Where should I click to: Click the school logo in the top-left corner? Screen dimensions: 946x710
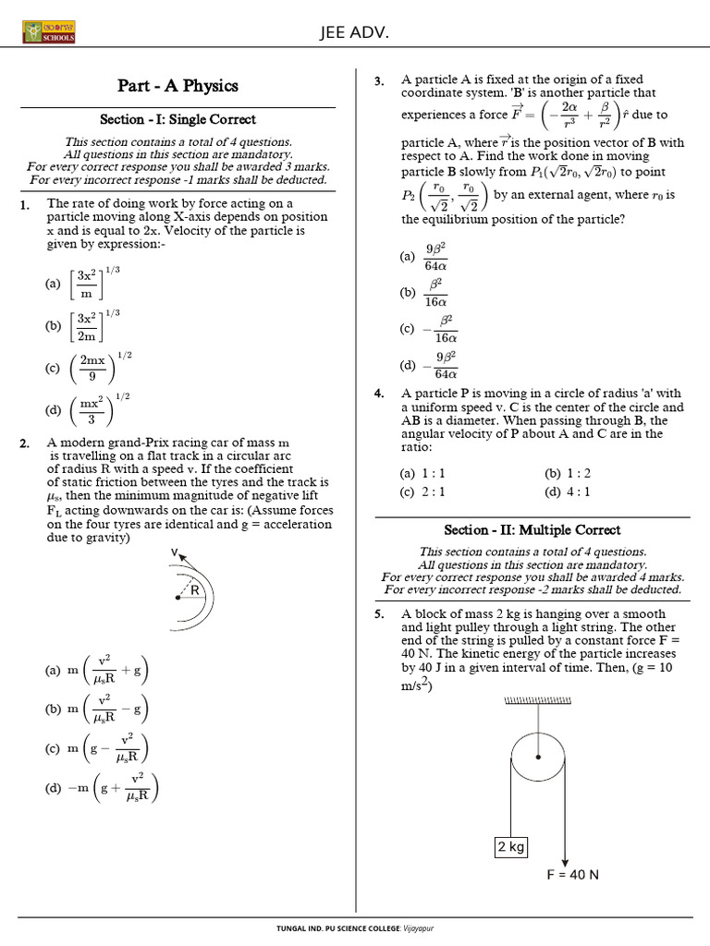(x=49, y=32)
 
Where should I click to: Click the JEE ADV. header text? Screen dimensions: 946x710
(x=354, y=33)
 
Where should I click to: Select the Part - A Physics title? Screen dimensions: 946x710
(x=177, y=86)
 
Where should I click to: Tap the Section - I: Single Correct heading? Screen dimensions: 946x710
(x=177, y=119)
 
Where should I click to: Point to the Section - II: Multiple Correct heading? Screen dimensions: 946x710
(x=532, y=529)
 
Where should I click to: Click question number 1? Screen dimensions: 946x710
(x=25, y=205)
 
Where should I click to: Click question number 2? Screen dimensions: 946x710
(x=25, y=443)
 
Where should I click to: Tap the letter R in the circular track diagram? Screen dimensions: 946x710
(x=195, y=588)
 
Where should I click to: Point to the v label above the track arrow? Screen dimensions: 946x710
(x=173, y=552)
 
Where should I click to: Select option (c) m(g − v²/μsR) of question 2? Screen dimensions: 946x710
(x=96, y=748)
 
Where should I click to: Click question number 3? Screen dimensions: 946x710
(x=379, y=81)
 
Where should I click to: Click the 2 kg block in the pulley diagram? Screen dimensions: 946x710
(x=510, y=846)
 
